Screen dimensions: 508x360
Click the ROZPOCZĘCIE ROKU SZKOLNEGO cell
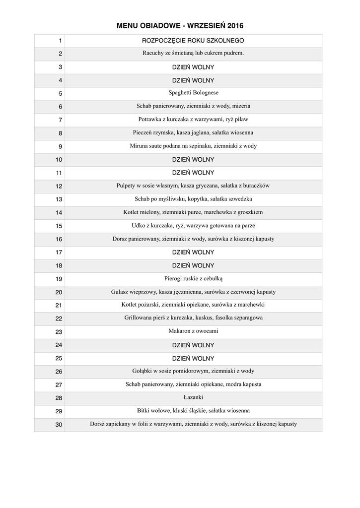click(193, 40)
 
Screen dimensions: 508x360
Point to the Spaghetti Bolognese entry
click(193, 93)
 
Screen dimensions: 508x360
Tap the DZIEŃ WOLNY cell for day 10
click(193, 159)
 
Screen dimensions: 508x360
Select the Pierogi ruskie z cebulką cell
click(193, 278)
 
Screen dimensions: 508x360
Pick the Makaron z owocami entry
click(193, 331)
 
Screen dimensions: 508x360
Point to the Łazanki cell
click(193, 397)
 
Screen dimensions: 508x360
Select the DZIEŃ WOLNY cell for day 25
click(193, 358)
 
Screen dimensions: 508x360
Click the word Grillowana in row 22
click(138, 318)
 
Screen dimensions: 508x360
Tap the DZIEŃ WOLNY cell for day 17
click(193, 252)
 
